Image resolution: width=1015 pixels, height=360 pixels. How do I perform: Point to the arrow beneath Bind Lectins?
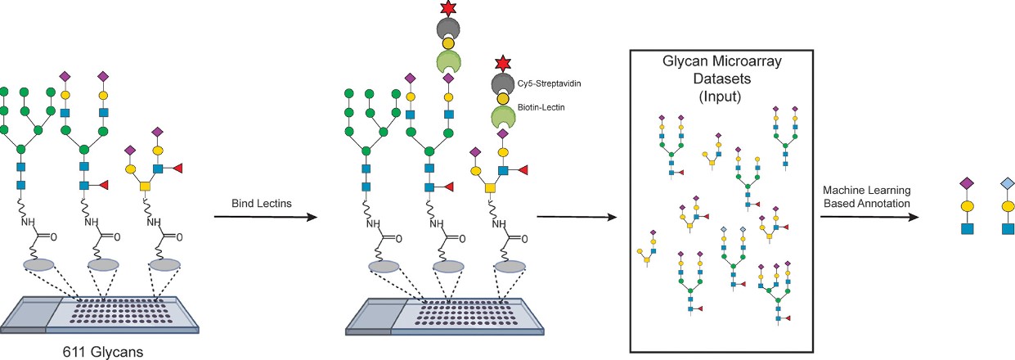[x=263, y=217]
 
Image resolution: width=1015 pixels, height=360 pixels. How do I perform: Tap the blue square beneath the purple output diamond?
[x=965, y=228]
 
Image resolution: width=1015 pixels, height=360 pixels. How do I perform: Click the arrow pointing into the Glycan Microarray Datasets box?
[x=577, y=217]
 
